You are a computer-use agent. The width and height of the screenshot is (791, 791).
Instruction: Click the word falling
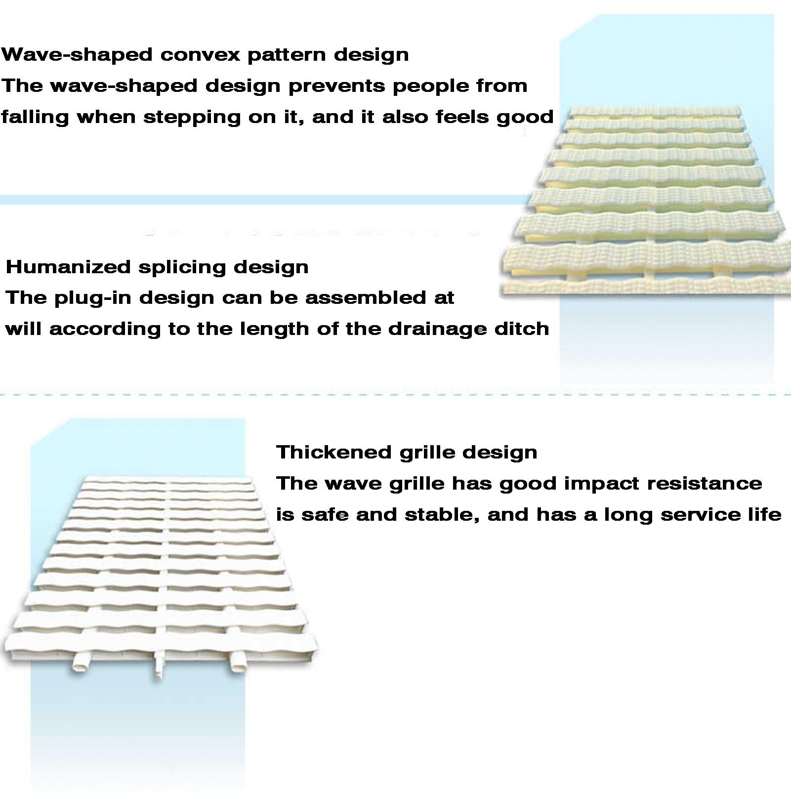click(35, 118)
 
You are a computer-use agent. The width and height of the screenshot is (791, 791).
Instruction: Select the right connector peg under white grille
click(238, 662)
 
